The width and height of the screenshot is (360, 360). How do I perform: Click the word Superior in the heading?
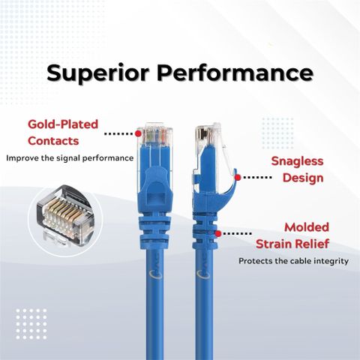tap(98, 73)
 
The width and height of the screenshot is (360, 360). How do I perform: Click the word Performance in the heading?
tap(235, 73)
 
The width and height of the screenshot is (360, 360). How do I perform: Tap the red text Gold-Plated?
tap(63, 124)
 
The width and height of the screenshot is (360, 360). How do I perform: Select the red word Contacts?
tap(53, 141)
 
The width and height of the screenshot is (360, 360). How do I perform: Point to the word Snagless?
tap(297, 161)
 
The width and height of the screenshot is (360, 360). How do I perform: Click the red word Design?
tap(303, 178)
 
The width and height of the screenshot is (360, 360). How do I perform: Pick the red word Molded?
tap(307, 227)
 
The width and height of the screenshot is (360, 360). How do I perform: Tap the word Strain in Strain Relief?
tap(274, 244)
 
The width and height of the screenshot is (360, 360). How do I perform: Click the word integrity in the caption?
tap(331, 261)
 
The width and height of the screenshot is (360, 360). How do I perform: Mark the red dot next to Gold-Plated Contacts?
tap(138, 133)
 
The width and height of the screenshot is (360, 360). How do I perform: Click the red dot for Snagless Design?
tap(238, 178)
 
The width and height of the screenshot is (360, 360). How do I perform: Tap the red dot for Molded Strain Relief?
tap(218, 234)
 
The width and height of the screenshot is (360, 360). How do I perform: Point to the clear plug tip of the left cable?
tap(155, 135)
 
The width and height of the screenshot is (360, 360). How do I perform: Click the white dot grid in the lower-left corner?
tap(31, 324)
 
